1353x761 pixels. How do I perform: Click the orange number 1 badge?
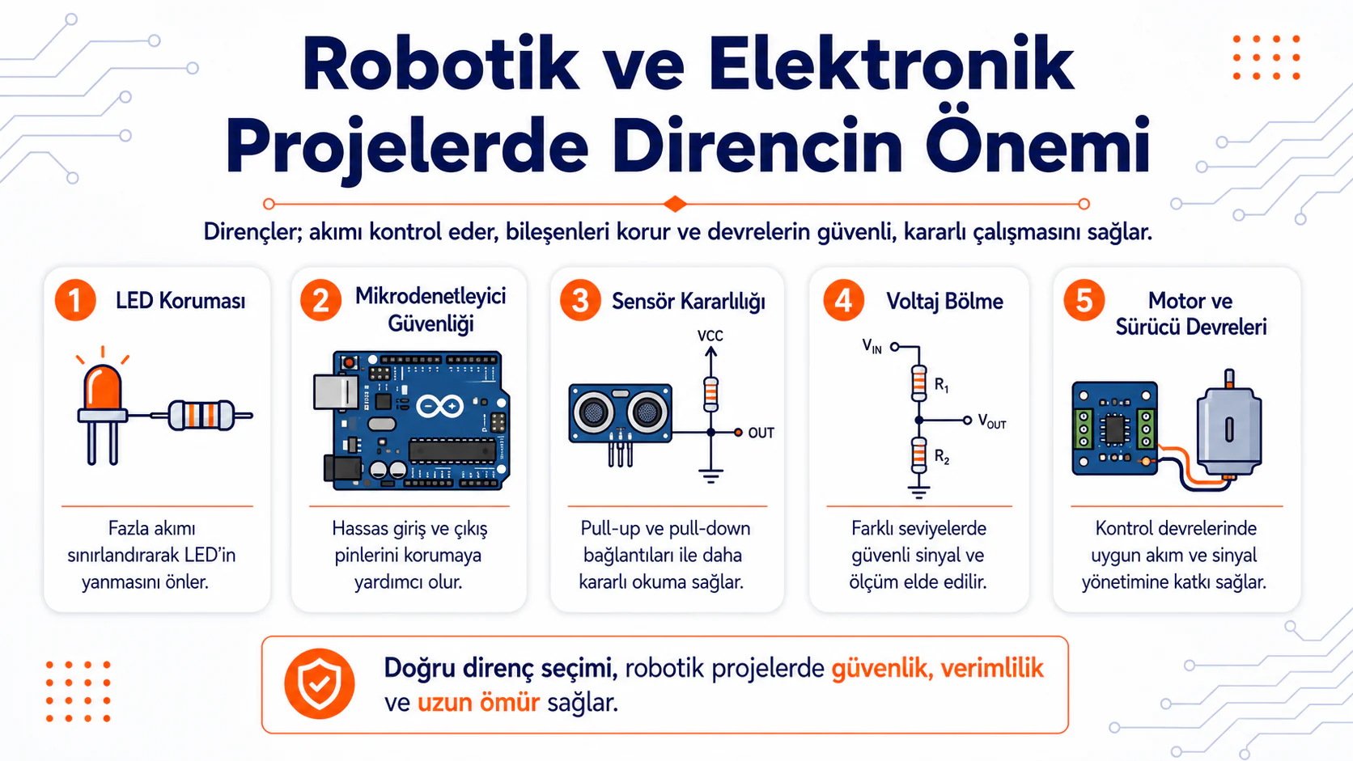[75, 300]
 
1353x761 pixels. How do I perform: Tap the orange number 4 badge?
[843, 300]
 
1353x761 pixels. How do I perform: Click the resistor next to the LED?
[201, 415]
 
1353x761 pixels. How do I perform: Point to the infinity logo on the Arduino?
[439, 406]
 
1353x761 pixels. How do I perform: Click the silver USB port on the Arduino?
[336, 392]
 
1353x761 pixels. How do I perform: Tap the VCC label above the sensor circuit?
[710, 336]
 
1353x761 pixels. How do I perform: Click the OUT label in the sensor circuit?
[761, 433]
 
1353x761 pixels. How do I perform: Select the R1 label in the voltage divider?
[942, 384]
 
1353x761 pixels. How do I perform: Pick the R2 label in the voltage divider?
[942, 457]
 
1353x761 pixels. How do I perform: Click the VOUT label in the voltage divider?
[992, 421]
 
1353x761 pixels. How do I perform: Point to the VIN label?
[872, 346]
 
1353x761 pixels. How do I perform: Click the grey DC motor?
[1229, 425]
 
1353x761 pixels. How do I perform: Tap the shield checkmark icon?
[320, 683]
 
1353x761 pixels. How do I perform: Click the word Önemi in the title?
[1037, 146]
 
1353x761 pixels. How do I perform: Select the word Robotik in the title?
[440, 65]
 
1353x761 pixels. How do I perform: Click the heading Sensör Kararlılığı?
[689, 301]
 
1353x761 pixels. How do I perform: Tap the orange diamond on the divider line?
[676, 204]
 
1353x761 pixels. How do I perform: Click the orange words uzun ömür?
[478, 703]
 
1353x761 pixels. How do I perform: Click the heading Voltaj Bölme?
[944, 301]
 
